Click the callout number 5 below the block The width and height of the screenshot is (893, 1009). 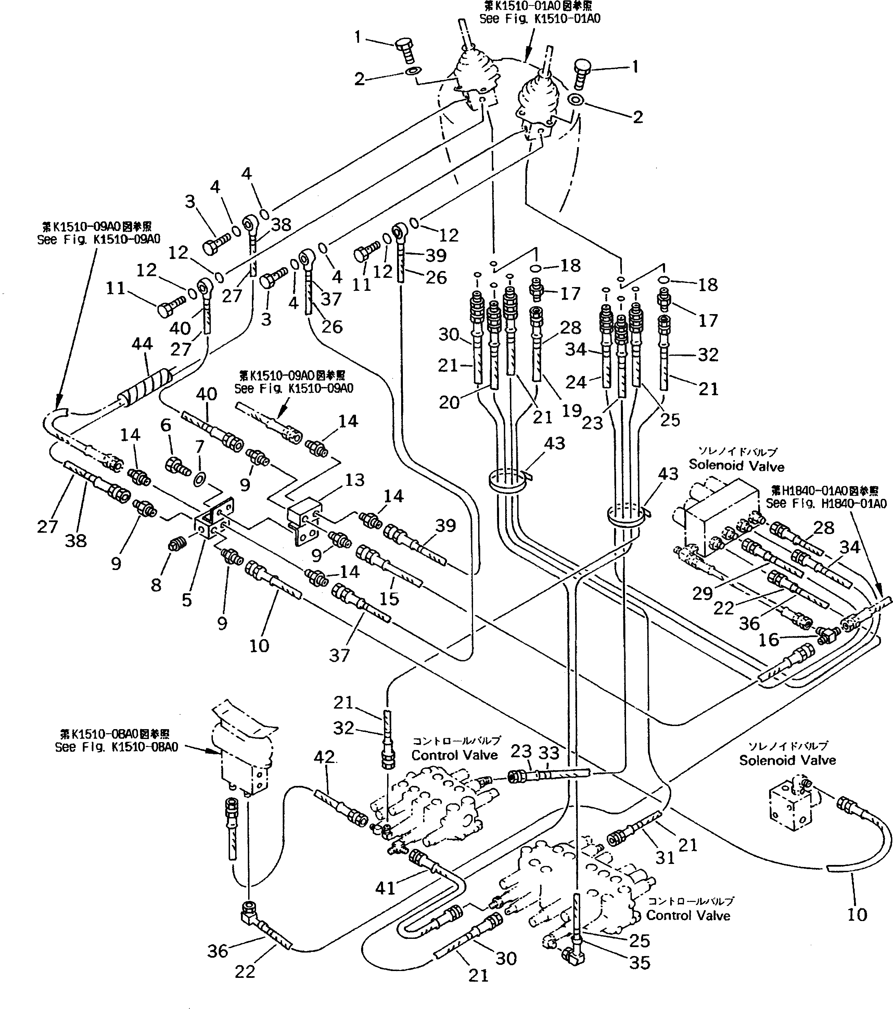click(x=187, y=600)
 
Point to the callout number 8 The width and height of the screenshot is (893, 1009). click(x=156, y=585)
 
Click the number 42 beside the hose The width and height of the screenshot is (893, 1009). click(x=324, y=757)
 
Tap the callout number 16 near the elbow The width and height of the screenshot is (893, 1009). click(x=768, y=640)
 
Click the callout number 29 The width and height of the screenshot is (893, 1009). click(x=702, y=593)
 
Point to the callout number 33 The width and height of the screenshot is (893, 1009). click(x=549, y=753)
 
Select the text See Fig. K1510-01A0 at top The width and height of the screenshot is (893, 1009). click(x=540, y=19)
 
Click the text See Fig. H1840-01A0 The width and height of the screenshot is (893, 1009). click(x=826, y=504)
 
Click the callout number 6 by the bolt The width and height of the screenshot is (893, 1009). click(x=166, y=426)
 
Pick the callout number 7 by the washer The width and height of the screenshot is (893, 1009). click(x=200, y=447)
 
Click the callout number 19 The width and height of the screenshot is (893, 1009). click(x=572, y=411)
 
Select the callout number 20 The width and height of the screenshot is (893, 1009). click(x=449, y=403)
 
